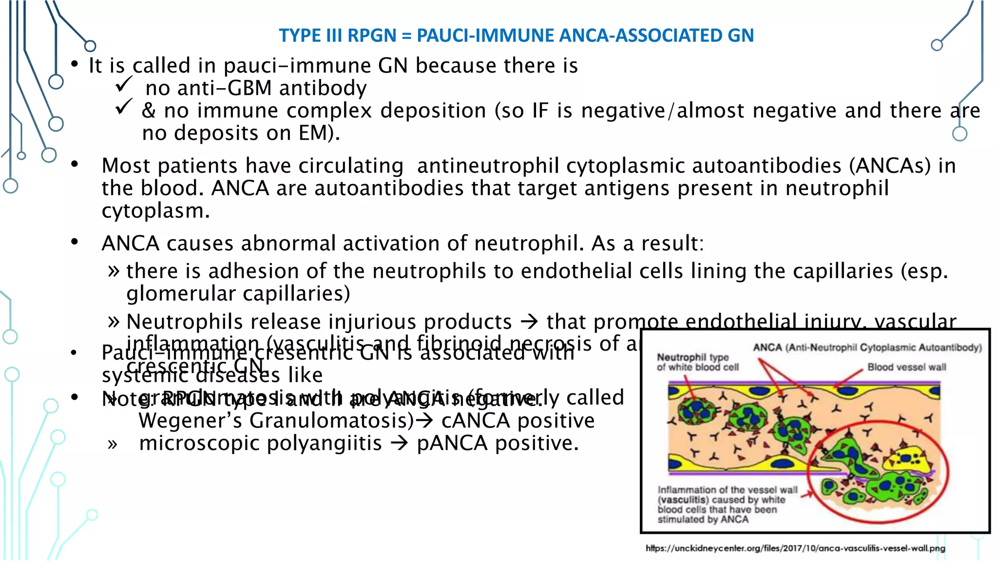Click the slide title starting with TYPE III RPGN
(516, 36)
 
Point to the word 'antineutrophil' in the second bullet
(488, 166)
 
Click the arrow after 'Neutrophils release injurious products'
(529, 321)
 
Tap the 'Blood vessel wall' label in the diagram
(906, 367)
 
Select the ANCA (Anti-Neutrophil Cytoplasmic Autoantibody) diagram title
(867, 347)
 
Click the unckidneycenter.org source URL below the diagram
(795, 548)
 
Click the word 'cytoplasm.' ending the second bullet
(155, 211)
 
